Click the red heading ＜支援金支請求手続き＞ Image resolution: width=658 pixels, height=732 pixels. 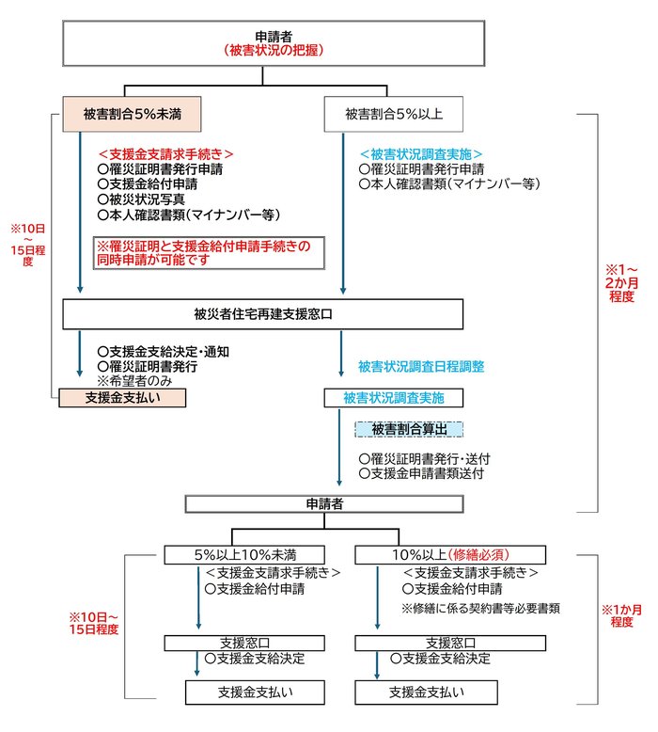(x=165, y=154)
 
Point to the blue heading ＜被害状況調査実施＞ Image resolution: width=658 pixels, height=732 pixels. (x=422, y=154)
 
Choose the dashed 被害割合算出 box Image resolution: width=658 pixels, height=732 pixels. (x=410, y=429)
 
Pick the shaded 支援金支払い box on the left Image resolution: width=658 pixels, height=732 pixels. (x=119, y=398)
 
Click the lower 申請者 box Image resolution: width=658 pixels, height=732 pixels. (x=324, y=504)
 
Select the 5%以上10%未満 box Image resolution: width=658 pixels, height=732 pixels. (x=246, y=553)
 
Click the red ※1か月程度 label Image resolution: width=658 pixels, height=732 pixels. (x=621, y=616)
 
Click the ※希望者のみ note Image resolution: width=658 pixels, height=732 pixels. (x=135, y=382)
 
